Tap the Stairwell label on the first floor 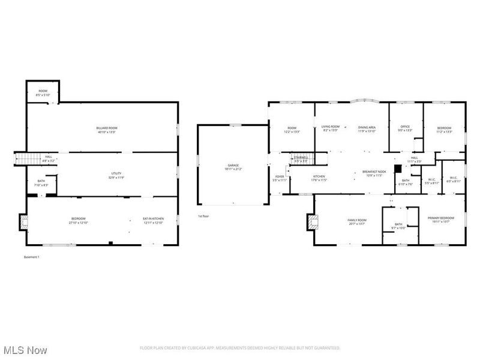pos(300,159)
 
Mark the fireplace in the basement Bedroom pos(23,222)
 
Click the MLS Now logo pos(25,349)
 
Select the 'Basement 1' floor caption pos(31,257)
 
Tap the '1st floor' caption pos(203,216)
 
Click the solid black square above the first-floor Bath pos(397,169)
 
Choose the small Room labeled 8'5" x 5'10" pos(43,92)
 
